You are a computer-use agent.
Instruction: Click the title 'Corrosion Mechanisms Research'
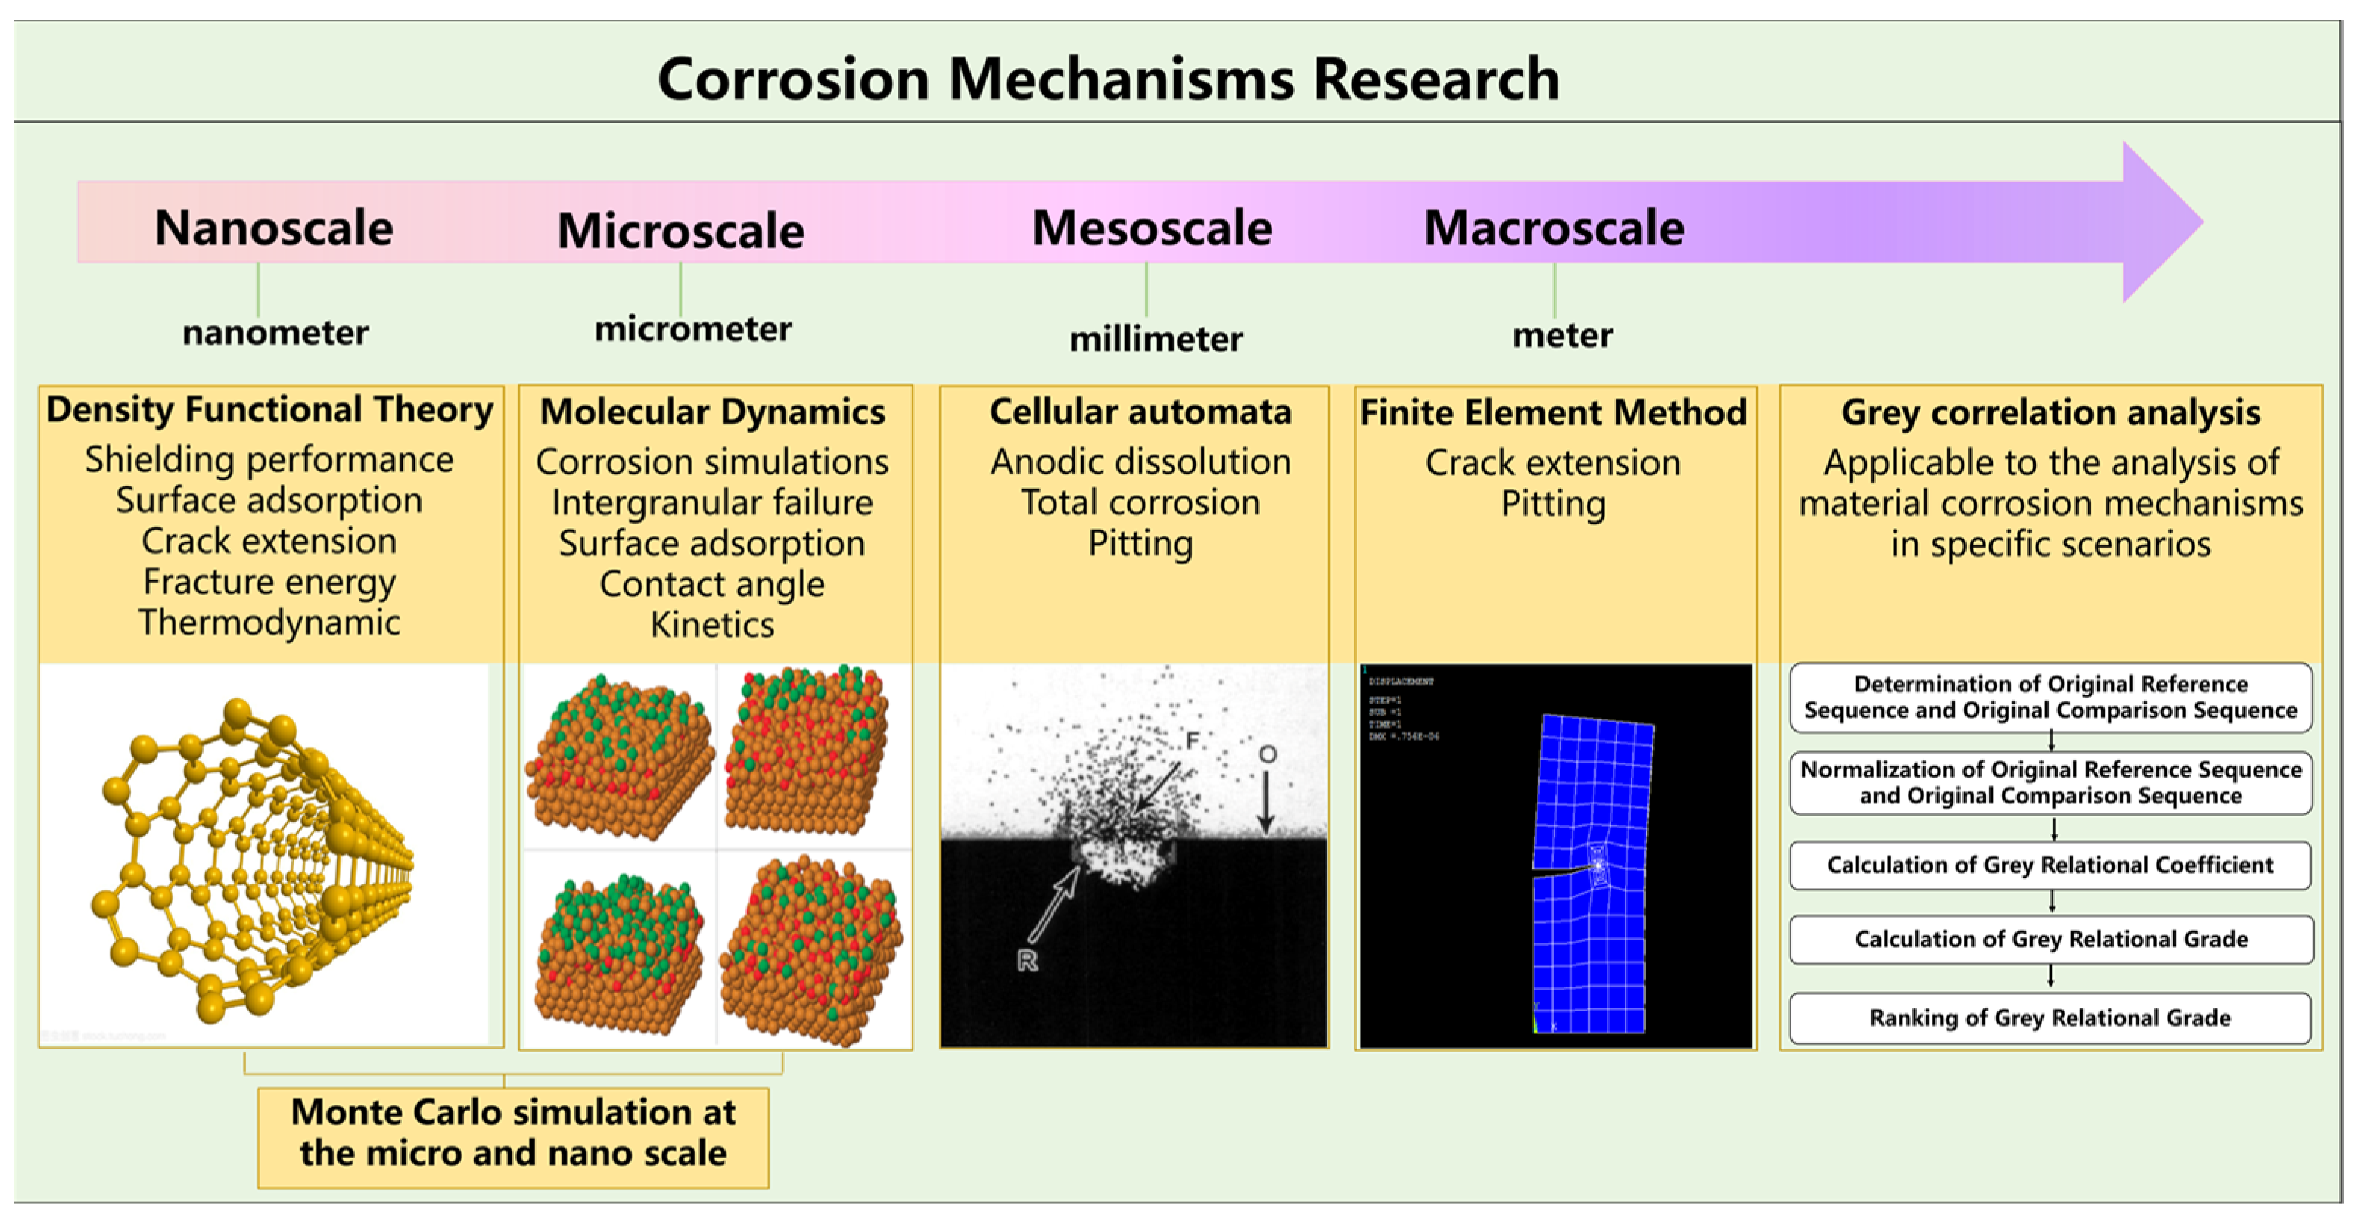[x=1108, y=79]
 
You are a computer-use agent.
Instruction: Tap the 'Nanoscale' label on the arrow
[x=273, y=227]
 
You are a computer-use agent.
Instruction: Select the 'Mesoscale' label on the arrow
[x=1152, y=227]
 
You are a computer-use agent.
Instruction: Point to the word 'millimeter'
[x=1156, y=339]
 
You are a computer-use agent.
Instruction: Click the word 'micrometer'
[x=693, y=329]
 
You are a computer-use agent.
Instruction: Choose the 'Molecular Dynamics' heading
[x=712, y=412]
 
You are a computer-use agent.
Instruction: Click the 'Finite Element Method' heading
[x=1554, y=412]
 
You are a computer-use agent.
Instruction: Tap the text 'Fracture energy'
[x=269, y=582]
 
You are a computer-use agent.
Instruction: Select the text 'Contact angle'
[x=712, y=584]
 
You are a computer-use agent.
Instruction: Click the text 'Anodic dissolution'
[x=1140, y=461]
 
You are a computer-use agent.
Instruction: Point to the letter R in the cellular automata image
[x=1027, y=960]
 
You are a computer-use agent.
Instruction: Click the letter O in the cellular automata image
[x=1267, y=754]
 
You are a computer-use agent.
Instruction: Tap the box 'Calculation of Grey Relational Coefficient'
[x=2050, y=865]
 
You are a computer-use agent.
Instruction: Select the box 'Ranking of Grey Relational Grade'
[x=2050, y=1018]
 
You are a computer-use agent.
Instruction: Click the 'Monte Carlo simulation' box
[x=513, y=1133]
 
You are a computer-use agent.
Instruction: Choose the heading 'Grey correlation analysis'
[x=2051, y=412]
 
